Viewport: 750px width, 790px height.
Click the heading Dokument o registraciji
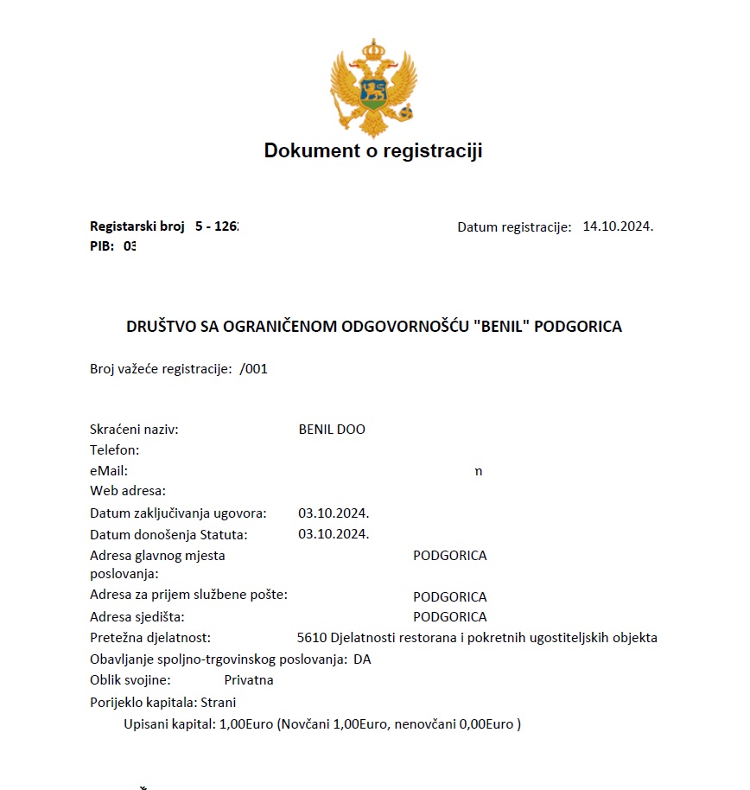click(x=373, y=151)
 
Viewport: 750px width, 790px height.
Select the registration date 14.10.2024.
click(x=618, y=226)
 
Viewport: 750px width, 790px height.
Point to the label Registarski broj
click(x=137, y=226)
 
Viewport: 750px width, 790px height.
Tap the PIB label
click(x=101, y=245)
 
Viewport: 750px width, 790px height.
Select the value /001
click(x=254, y=368)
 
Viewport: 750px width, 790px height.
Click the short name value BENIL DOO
click(x=332, y=430)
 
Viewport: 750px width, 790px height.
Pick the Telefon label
click(x=114, y=450)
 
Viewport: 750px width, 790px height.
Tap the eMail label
click(x=109, y=471)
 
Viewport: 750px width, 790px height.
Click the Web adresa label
click(x=128, y=491)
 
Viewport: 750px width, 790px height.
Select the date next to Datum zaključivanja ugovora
click(x=334, y=513)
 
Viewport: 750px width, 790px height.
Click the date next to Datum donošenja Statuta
click(x=334, y=534)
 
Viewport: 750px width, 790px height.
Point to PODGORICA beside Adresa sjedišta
click(x=449, y=617)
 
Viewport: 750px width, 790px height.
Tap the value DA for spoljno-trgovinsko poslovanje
click(x=362, y=659)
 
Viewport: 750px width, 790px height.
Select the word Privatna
click(x=249, y=680)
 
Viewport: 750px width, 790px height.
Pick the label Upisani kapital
click(x=168, y=724)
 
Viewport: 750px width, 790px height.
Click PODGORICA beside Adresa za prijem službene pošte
click(x=449, y=596)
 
